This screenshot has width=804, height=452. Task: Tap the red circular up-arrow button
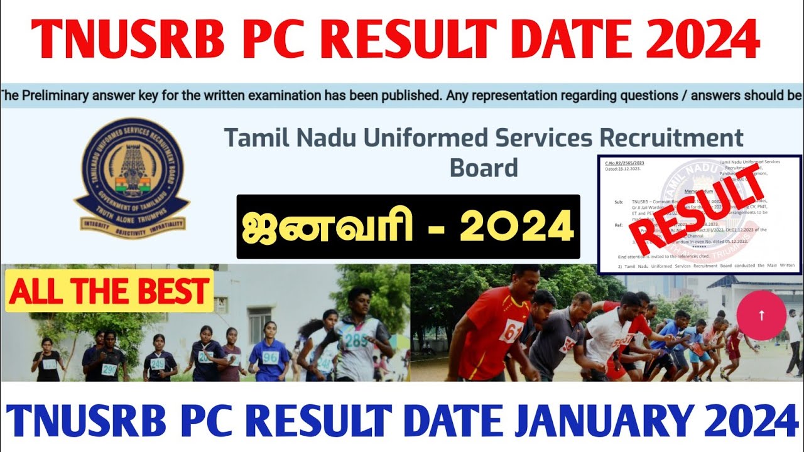coord(761,316)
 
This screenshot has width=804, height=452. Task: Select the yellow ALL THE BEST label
coord(109,291)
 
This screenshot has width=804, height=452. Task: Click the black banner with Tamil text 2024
coord(408,227)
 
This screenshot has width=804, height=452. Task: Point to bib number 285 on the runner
coord(356,340)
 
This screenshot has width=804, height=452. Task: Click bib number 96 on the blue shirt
coord(269,358)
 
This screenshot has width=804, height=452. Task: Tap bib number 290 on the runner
coord(109,369)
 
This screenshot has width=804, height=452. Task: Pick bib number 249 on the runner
coord(157,364)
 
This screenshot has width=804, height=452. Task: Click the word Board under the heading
coord(484,168)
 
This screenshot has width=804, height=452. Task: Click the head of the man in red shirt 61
coord(524,281)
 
